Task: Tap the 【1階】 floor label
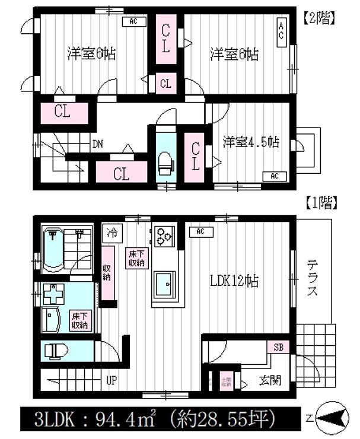321,204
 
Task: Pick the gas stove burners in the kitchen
164,236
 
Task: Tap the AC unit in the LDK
200,231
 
